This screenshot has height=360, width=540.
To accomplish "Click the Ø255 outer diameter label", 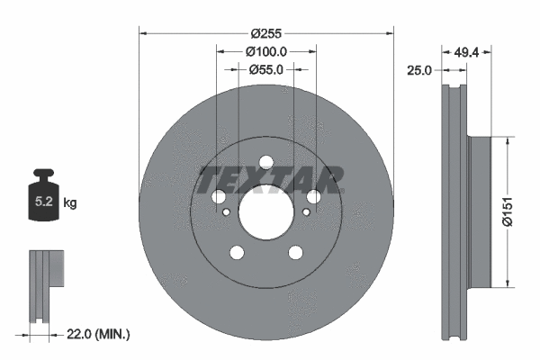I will point(266,33).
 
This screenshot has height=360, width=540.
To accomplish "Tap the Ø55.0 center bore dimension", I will point(266,69).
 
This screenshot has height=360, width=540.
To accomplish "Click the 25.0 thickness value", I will point(419,69).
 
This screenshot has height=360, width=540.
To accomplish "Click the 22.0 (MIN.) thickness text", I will point(99,334).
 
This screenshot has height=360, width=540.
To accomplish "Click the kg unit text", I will point(70,203).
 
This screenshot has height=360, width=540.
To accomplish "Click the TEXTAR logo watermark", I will point(269,180).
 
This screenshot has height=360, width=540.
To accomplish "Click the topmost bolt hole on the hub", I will point(265,163).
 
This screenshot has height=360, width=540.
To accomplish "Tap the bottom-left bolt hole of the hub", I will point(237,253).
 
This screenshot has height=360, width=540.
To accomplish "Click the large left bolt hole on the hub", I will point(218,197).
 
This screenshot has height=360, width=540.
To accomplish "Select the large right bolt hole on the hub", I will point(314,197).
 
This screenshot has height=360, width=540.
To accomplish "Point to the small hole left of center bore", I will point(227,212).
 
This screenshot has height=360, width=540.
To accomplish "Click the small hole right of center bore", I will point(306,212).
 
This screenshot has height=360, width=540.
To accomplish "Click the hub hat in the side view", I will point(481,209).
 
